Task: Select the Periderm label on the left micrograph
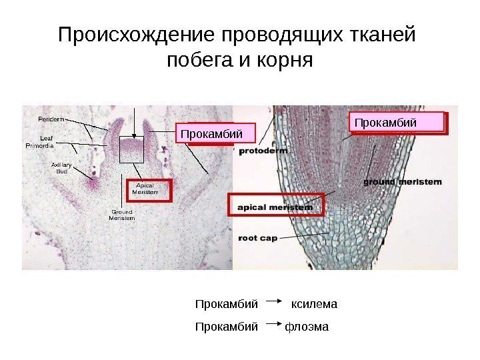tap(51, 119)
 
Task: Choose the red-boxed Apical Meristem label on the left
tap(145, 189)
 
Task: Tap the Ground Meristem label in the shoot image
tap(121, 215)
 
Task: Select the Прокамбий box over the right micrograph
tap(397, 123)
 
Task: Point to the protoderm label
tap(264, 151)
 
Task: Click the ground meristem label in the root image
tap(403, 181)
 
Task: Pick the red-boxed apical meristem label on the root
tap(275, 207)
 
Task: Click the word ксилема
tap(315, 305)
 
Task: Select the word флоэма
tap(307, 327)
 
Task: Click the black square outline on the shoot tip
tap(131, 149)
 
